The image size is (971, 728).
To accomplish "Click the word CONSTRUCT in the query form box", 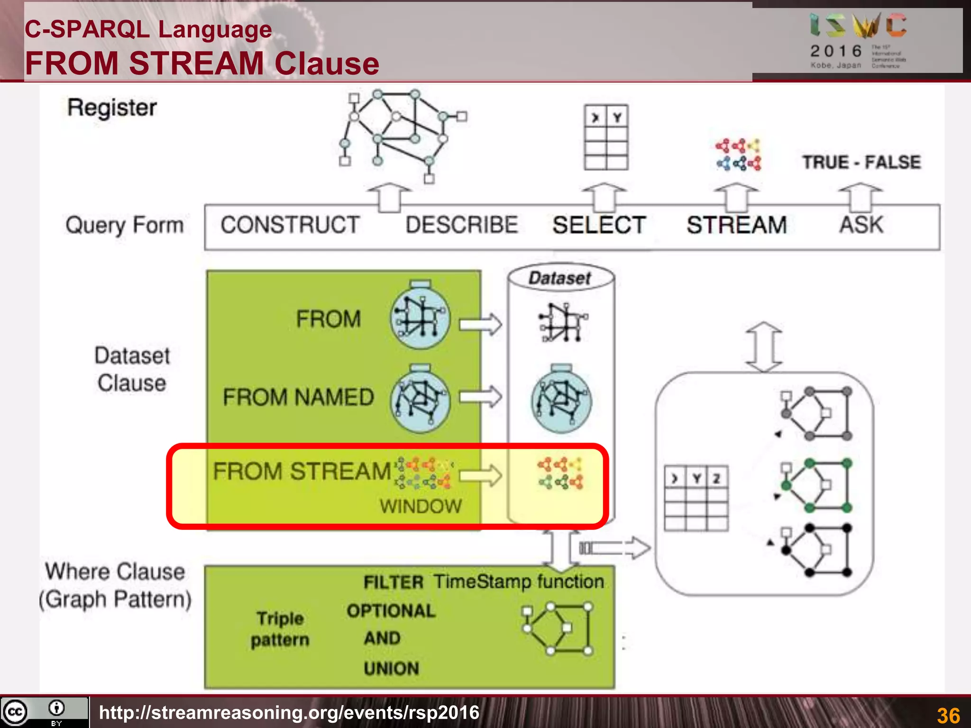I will pyautogui.click(x=290, y=225).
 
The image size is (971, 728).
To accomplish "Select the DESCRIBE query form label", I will pyautogui.click(x=461, y=225).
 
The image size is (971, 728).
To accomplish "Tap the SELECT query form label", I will pyautogui.click(x=599, y=225).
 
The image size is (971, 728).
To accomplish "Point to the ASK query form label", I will pyautogui.click(x=861, y=225).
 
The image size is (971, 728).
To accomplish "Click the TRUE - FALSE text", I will pyautogui.click(x=861, y=162).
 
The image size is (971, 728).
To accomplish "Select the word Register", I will pyautogui.click(x=112, y=108).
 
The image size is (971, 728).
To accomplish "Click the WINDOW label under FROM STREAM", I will pyautogui.click(x=421, y=506).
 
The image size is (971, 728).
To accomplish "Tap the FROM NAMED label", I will pyautogui.click(x=298, y=397).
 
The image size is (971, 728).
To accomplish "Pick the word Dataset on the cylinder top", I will pyautogui.click(x=560, y=278).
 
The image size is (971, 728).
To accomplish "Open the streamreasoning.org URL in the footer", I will pyautogui.click(x=289, y=712).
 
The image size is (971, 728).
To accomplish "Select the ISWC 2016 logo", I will pyautogui.click(x=858, y=41).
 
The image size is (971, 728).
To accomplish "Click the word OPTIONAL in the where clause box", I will pyautogui.click(x=391, y=611).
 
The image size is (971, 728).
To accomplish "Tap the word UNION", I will pyautogui.click(x=391, y=669).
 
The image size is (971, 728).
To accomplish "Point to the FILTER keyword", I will pyautogui.click(x=393, y=582).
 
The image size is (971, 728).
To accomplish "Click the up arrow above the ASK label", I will pyautogui.click(x=861, y=197).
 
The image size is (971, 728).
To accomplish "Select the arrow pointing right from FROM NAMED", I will pyautogui.click(x=480, y=396).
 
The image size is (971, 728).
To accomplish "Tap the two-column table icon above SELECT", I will pyautogui.click(x=606, y=137).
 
